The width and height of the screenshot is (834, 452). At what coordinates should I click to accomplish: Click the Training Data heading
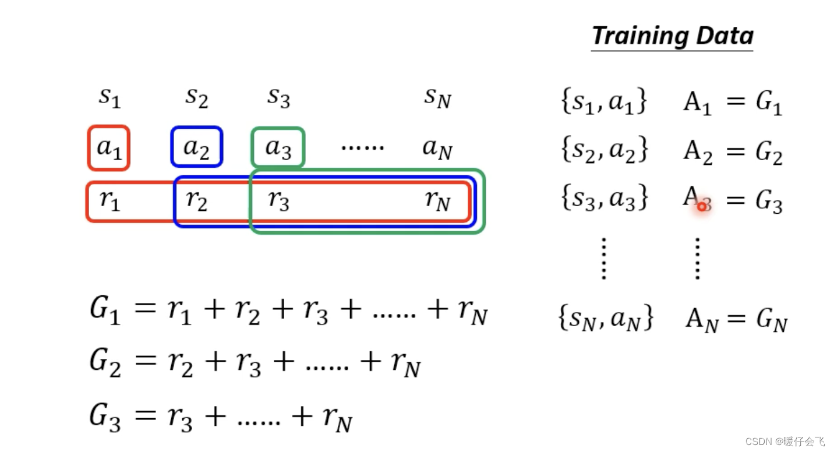point(672,36)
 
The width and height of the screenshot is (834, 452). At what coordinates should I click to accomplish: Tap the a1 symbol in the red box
point(109,148)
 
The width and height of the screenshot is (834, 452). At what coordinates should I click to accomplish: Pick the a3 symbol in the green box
point(278,148)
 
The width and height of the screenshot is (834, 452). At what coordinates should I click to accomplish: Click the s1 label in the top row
point(109,98)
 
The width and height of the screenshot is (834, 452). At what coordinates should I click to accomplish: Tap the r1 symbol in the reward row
point(109,201)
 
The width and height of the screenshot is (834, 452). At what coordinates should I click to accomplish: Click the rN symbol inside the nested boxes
point(437,201)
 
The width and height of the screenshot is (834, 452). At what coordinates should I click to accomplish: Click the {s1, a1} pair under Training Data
point(603,102)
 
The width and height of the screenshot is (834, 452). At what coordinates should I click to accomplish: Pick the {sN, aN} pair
point(606,319)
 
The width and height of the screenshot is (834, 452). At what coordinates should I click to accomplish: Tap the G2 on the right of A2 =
point(769,153)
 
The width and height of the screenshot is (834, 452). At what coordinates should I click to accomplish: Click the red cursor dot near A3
point(702,206)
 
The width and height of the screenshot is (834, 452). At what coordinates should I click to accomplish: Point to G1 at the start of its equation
point(105,310)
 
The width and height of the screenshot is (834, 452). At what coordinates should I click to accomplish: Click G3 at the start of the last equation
point(105,417)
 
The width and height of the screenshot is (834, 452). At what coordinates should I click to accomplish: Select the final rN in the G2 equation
point(405,365)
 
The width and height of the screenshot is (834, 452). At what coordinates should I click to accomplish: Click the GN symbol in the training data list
point(772,320)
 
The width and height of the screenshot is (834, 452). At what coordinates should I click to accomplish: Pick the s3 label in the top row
point(278,98)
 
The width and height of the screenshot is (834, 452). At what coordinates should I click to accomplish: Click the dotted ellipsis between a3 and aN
point(362,148)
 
